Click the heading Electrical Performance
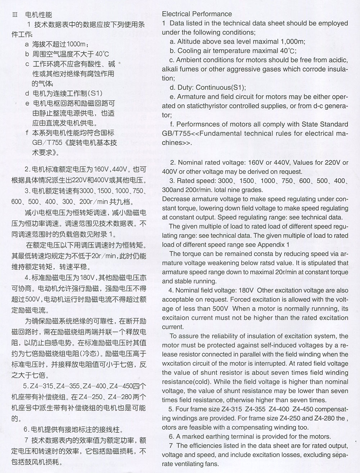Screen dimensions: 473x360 click(197, 14)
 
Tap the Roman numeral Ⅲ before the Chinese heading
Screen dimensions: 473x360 click(15, 15)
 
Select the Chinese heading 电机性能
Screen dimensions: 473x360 click(39, 15)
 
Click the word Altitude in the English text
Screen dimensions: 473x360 click(189, 42)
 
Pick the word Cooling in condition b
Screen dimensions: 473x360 click(189, 51)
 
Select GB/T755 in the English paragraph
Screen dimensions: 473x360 click(175, 133)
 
